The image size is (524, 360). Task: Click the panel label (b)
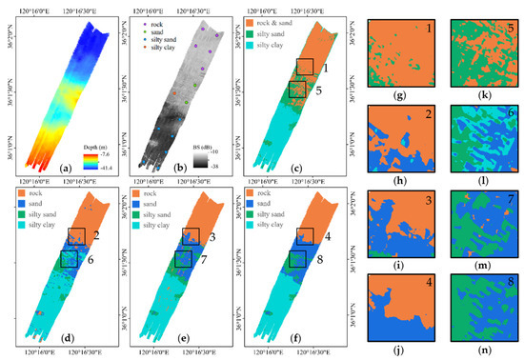[x=205, y=168]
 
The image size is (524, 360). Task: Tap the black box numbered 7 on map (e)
[x=180, y=258]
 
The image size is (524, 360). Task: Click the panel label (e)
[x=205, y=338]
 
